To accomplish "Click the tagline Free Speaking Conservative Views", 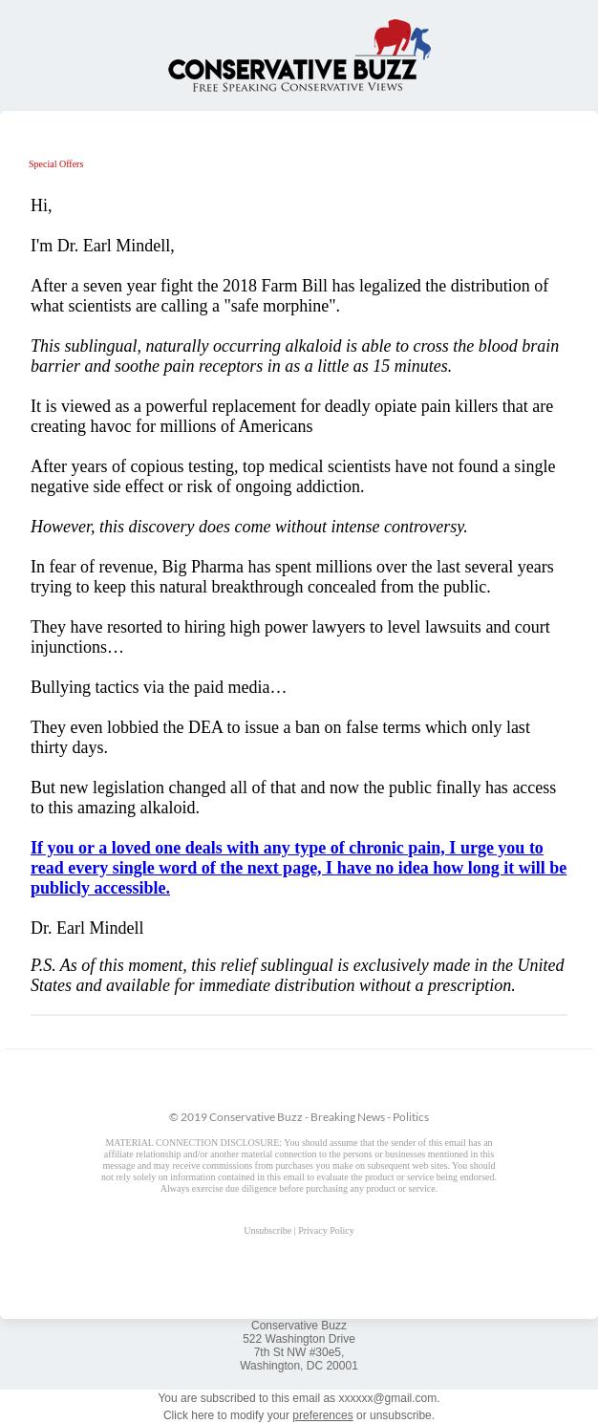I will [x=297, y=87].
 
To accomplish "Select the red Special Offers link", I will [x=55, y=164].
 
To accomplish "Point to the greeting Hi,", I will [x=41, y=205].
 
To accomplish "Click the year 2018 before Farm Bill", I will [x=240, y=286].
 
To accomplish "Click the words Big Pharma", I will [x=202, y=567].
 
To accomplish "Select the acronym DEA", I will [x=205, y=727].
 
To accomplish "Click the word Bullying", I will [x=62, y=687].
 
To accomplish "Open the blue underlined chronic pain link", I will [x=298, y=868].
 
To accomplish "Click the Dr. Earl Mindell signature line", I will [x=87, y=928].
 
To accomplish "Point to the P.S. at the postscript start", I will [x=42, y=965].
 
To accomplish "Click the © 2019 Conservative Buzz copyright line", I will [x=298, y=1116].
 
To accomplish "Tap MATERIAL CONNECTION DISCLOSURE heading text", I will [x=193, y=1143].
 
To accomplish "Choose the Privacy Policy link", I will [x=326, y=1231].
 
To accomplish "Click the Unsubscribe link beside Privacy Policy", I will [x=267, y=1231].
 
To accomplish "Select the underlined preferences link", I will [x=322, y=1415].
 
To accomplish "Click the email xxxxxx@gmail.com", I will [x=387, y=1398].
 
